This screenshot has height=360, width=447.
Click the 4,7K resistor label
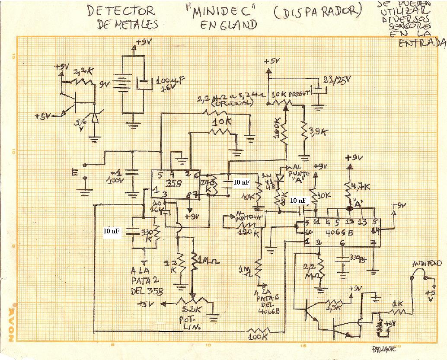[x=362, y=187]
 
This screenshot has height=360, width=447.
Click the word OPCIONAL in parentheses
[x=231, y=104]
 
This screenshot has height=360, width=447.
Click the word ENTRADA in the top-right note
[x=422, y=43]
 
